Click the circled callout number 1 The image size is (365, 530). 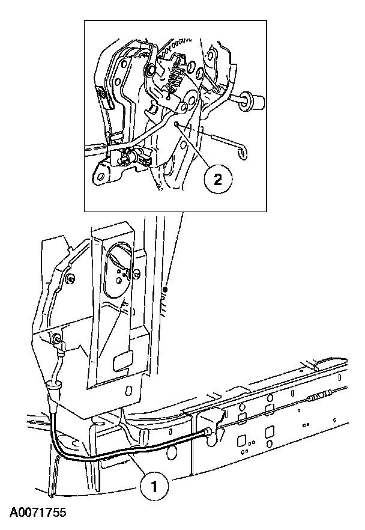(154, 485)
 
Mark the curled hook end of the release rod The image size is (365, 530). (241, 154)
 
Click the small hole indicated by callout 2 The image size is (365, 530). (176, 124)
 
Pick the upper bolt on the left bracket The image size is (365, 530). (71, 279)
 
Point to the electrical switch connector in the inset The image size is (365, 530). (133, 159)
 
